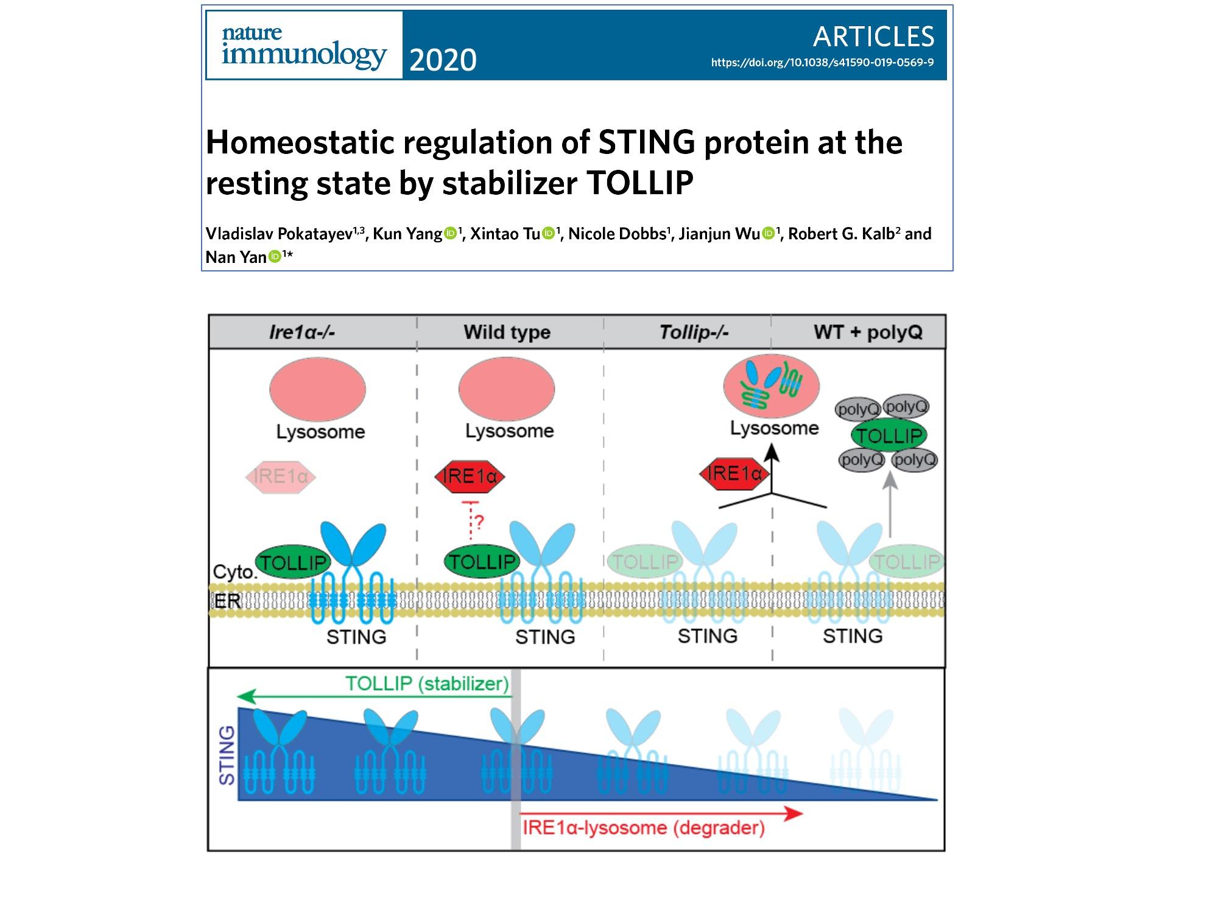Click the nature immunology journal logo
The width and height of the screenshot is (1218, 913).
(x=304, y=46)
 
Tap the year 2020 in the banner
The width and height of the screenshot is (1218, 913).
(x=443, y=60)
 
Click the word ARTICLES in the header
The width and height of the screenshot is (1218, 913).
(x=873, y=37)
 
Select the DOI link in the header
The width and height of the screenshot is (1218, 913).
(x=822, y=62)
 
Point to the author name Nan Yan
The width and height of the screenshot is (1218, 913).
(x=236, y=257)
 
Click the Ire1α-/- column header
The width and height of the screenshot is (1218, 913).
(x=302, y=332)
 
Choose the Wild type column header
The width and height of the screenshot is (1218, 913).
(x=507, y=332)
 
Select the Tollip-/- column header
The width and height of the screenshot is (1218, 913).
(x=694, y=332)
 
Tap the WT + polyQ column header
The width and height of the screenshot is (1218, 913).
(x=868, y=332)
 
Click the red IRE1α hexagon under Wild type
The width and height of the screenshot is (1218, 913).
(x=470, y=477)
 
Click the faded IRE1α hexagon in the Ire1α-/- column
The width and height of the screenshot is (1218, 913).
(x=281, y=477)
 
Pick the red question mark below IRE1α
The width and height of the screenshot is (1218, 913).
(x=479, y=522)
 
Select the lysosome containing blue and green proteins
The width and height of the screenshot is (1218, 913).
(x=771, y=386)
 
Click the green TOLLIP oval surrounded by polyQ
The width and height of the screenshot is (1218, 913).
(x=889, y=435)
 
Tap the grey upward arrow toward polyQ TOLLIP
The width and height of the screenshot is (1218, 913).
(x=890, y=505)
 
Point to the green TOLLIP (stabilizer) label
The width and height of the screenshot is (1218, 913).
(x=427, y=684)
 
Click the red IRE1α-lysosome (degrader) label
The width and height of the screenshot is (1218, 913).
(x=643, y=828)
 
